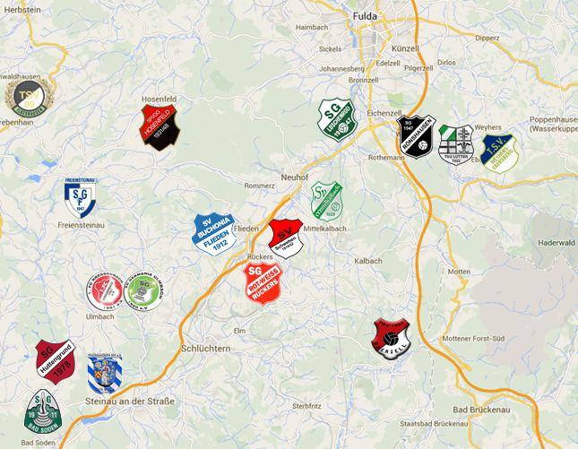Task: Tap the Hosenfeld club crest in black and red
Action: pyautogui.click(x=161, y=127)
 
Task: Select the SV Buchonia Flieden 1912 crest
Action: pyautogui.click(x=213, y=232)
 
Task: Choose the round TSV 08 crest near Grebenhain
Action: pyautogui.click(x=29, y=98)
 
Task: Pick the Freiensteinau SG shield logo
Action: pyautogui.click(x=81, y=196)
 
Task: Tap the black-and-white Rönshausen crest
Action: pyautogui.click(x=417, y=137)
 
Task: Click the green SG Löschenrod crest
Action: pyautogui.click(x=338, y=119)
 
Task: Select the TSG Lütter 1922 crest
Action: pyautogui.click(x=456, y=143)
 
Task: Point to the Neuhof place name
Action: pyautogui.click(x=296, y=177)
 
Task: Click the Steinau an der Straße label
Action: pyautogui.click(x=132, y=401)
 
